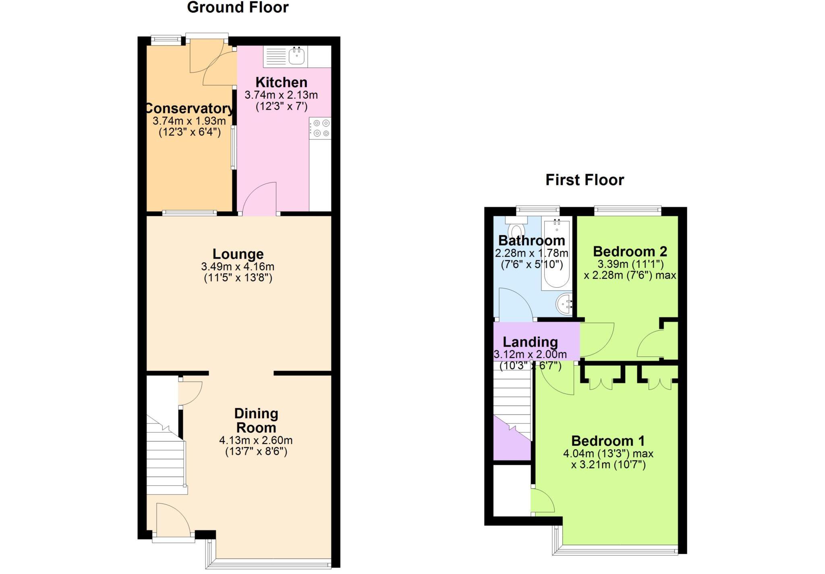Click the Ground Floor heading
pyautogui.click(x=238, y=8)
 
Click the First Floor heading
pyautogui.click(x=585, y=180)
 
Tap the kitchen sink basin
pyautogui.click(x=296, y=56)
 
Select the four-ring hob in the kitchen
pyautogui.click(x=321, y=128)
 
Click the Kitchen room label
pyautogui.click(x=281, y=83)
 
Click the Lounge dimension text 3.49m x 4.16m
pyautogui.click(x=238, y=267)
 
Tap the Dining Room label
pyautogui.click(x=256, y=421)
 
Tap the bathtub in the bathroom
pyautogui.click(x=556, y=254)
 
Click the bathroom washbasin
pyautogui.click(x=564, y=304)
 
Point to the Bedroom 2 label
pyautogui.click(x=630, y=252)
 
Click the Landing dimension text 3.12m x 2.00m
pyautogui.click(x=530, y=355)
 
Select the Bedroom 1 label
pyautogui.click(x=608, y=441)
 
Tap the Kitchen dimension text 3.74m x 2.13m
pyautogui.click(x=281, y=95)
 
